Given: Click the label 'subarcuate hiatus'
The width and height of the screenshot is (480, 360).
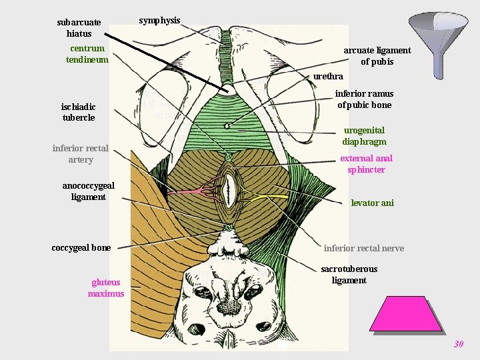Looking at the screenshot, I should point(79,27).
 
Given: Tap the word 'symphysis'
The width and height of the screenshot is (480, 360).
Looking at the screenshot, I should point(159,20).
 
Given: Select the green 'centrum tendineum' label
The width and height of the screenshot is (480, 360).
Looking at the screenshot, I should point(87,54).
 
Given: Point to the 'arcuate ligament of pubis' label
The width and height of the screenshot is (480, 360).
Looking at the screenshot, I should point(377,56).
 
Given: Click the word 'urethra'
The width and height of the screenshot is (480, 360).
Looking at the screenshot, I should point(328,77).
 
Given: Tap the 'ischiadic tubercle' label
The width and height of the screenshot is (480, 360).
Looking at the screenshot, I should point(79,112).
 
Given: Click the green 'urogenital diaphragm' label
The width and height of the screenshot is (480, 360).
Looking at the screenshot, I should point(364,136).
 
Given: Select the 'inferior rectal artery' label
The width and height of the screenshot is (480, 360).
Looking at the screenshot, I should point(81,154).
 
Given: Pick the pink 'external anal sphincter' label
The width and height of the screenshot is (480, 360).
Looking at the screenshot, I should point(366,164).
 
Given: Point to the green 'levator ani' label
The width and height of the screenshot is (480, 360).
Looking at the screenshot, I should point(372,203).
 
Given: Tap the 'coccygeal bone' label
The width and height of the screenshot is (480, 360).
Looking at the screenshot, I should point(81,247).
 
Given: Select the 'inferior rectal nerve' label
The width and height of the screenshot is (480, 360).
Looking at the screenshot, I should point(363,248).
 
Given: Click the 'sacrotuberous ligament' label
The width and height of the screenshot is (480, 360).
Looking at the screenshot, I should point(349,275).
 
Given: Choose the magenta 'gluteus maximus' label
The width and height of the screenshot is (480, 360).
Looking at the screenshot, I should point(106,288).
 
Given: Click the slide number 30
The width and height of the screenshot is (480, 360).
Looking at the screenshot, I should point(458,345).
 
